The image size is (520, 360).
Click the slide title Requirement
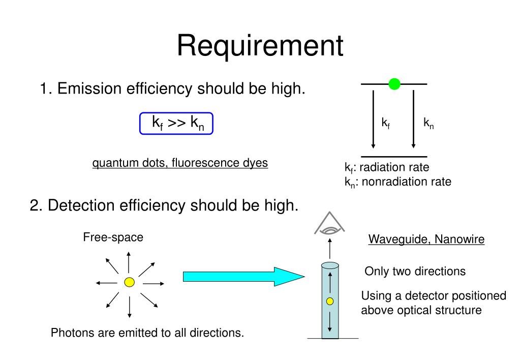click(260, 46)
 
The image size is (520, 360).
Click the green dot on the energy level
click(394, 84)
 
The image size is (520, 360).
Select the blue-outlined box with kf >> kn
click(176, 124)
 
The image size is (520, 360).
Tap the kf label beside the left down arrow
click(386, 124)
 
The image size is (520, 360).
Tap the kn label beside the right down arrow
click(429, 124)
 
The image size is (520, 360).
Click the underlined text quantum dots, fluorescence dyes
click(180, 163)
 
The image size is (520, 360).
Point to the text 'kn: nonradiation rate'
click(397, 182)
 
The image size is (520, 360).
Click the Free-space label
click(113, 237)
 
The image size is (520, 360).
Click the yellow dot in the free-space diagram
click(129, 282)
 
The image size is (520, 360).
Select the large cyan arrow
click(243, 276)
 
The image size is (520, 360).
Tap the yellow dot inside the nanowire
click(330, 302)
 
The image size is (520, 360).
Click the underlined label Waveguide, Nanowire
click(426, 239)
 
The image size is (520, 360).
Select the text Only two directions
click(415, 272)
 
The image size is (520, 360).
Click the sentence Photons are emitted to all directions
click(147, 334)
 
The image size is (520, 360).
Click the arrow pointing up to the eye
click(330, 249)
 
